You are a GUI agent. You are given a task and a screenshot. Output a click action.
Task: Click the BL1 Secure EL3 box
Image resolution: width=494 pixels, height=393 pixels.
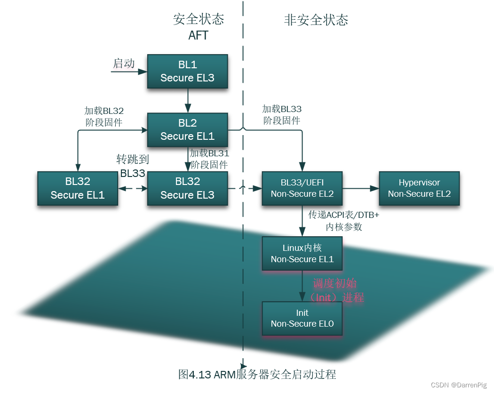tap(187, 71)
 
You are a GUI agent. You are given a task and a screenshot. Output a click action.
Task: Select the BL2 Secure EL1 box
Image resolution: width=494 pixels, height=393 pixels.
tap(187, 129)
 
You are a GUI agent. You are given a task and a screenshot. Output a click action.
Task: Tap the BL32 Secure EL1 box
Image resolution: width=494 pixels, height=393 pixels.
tap(78, 188)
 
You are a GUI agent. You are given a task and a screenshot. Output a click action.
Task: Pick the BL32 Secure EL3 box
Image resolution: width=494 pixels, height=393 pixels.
tap(187, 188)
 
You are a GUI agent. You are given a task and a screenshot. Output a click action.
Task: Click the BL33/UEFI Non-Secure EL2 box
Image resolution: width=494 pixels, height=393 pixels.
tap(303, 188)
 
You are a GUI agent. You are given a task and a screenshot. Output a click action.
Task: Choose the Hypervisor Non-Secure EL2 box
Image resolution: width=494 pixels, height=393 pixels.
tap(419, 188)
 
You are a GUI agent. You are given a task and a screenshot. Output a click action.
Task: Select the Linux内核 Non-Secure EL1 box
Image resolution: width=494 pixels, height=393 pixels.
tap(303, 253)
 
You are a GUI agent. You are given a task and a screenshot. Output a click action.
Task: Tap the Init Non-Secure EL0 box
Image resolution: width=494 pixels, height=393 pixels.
tap(303, 318)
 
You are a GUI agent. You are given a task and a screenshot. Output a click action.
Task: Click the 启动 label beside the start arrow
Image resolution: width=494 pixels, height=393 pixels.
tap(124, 64)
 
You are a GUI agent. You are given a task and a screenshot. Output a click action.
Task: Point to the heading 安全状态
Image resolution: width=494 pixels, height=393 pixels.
tap(199, 19)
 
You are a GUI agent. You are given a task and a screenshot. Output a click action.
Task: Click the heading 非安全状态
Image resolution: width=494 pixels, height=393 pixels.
tap(316, 20)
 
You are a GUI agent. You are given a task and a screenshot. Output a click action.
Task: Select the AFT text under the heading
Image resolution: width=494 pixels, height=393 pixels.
tap(198, 35)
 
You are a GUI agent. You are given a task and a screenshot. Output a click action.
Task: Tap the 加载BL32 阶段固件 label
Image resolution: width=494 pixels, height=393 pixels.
tap(104, 117)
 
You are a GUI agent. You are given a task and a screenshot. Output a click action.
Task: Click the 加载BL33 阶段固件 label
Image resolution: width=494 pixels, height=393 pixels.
tap(282, 115)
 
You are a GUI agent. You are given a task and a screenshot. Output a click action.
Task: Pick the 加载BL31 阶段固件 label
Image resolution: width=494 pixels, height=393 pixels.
tap(209, 159)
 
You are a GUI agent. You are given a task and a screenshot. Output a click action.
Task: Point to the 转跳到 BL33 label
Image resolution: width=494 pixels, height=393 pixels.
tap(133, 166)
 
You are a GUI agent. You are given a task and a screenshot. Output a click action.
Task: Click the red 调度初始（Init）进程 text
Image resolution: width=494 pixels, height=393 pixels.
tap(336, 290)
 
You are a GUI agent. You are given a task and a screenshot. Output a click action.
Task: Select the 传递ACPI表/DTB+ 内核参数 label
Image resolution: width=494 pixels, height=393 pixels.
tap(344, 221)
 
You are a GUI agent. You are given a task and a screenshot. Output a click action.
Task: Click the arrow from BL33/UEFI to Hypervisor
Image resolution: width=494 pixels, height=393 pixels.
tap(361, 188)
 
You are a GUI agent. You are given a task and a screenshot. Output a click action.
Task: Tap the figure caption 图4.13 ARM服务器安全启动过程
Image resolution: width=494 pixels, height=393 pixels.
tap(257, 374)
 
